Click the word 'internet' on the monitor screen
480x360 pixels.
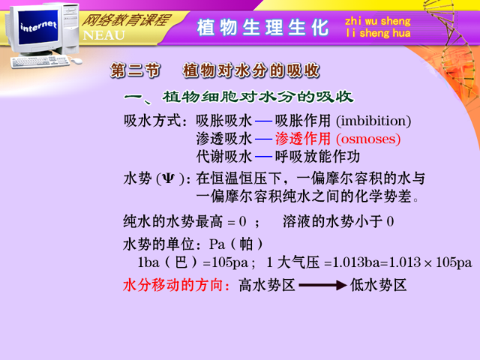pos(38,26)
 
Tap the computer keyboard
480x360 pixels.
pos(40,61)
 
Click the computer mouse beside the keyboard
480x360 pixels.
pos(76,61)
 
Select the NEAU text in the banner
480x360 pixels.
pos(104,35)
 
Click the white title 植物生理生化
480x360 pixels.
pos(262,28)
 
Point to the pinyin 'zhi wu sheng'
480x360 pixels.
pos(378,21)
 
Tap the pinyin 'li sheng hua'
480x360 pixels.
pos(378,33)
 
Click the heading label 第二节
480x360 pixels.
pos(135,70)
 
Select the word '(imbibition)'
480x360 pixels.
pos(373,121)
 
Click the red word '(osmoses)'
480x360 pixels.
pos(368,139)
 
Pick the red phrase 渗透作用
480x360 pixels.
pos(303,139)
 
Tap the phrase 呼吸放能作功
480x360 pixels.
pos(317,157)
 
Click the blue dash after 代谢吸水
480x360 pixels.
pos(263,157)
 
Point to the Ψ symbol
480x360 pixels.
pos(168,178)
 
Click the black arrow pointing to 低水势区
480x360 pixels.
pos(322,285)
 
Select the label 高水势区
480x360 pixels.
pos(267,285)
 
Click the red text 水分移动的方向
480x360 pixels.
pos(173,285)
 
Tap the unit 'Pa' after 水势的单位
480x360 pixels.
pos(217,244)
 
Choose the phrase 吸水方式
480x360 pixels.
pos(151,121)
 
